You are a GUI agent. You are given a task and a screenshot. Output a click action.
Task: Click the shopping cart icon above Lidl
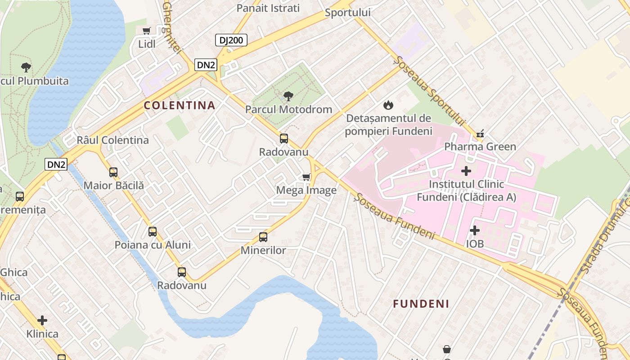click(146, 31)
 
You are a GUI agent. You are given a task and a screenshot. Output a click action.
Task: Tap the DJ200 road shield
click(231, 40)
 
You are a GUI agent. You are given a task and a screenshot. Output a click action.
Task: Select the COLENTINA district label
click(180, 105)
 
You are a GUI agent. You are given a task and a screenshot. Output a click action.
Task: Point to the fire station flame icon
click(388, 105)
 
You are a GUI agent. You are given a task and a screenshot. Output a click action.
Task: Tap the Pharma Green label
click(480, 147)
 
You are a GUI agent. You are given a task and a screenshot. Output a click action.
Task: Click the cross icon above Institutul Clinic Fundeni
click(466, 171)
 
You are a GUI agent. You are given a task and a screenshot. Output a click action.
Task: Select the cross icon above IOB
click(474, 230)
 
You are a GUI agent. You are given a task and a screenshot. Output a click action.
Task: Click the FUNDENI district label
click(421, 304)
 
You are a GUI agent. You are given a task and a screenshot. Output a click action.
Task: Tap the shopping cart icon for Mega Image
click(306, 177)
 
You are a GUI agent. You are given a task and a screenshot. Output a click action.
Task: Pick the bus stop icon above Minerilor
click(263, 237)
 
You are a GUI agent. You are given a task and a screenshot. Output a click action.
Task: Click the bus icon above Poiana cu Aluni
click(153, 232)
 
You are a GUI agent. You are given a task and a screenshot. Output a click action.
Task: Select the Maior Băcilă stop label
click(114, 185)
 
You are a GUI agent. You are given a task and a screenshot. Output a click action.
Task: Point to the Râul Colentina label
click(112, 140)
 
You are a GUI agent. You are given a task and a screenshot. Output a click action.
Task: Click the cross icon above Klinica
click(42, 320)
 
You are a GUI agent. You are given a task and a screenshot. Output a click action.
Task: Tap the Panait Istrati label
click(268, 8)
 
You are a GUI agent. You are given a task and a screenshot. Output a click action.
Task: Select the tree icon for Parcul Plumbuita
click(26, 67)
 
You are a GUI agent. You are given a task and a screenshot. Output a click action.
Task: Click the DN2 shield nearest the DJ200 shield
click(206, 65)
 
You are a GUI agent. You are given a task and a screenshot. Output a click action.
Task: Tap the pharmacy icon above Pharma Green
click(480, 133)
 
